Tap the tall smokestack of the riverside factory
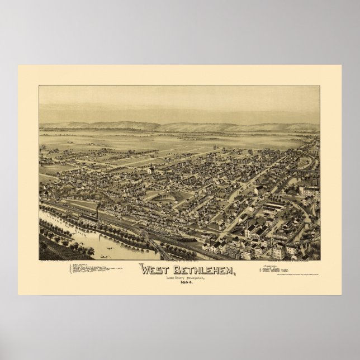(x=98, y=211)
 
